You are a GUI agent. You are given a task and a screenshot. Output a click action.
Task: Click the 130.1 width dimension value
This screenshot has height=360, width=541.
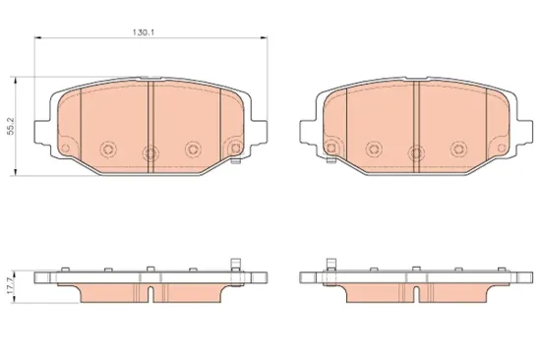coord(144,32)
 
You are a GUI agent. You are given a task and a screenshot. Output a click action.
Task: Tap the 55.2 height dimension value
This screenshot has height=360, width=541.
coord(11,126)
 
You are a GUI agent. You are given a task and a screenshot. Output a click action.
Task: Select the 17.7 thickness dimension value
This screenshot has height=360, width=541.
coord(11,286)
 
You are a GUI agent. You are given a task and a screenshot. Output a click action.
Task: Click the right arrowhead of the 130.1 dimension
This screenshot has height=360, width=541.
coord(265,37)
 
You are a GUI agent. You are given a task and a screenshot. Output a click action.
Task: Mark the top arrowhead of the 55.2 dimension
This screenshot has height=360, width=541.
coord(15,81)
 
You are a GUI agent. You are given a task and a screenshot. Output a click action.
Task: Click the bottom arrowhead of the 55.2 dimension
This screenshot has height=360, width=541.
coord(15,172)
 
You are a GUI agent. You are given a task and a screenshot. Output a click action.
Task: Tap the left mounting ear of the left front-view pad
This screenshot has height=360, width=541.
coord(42,132)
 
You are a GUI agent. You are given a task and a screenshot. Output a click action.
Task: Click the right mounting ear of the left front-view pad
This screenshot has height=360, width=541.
coord(259,132)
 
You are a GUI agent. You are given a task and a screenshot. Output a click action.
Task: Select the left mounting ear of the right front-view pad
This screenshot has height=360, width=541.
coord(308,132)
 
